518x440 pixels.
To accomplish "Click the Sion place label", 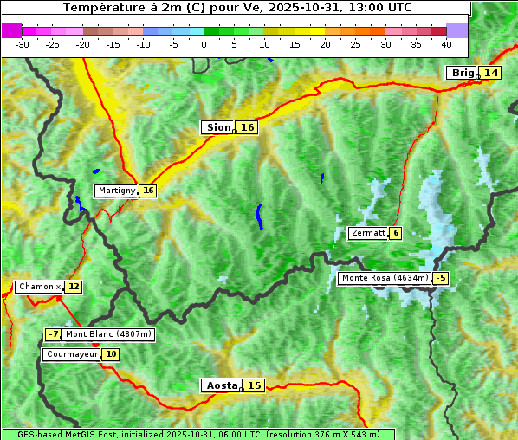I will pos(217,127).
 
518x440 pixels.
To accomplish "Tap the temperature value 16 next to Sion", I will pos(248,127).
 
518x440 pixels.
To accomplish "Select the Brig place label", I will pos(462,73).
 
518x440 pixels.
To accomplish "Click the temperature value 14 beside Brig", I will pos(491,73).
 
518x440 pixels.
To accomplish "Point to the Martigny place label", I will pos(116,191).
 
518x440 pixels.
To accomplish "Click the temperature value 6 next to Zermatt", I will pos(396,233).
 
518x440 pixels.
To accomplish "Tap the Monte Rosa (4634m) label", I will pos(385,278).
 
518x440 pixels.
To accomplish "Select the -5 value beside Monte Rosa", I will pos(441,278).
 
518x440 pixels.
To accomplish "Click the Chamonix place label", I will pos(39,287).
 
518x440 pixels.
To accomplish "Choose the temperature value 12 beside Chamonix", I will pos(74,287).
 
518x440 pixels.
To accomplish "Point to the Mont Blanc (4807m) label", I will pos(108,334).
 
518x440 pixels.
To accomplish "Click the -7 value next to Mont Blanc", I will pos(54,334).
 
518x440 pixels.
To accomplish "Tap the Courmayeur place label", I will pos(72,354).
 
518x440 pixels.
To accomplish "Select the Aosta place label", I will pos(220,385).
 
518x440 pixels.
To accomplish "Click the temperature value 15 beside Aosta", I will pos(253,385).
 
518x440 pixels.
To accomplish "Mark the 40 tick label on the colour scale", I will pos(446,44).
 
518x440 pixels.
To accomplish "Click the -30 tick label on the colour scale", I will pos(23,44).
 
